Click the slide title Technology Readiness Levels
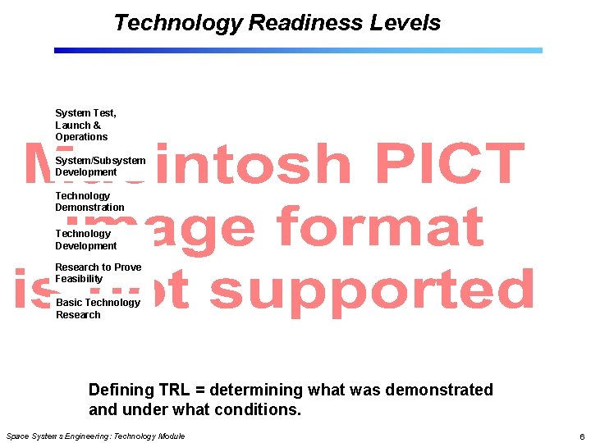coord(277,23)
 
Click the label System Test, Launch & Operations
coord(85,125)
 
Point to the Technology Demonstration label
coord(89,202)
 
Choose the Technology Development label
coord(85,240)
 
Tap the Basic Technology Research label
coord(98,308)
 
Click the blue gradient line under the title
coord(298,50)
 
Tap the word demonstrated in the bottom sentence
coord(439,390)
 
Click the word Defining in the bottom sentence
coord(121,390)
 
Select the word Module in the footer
coord(169,436)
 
